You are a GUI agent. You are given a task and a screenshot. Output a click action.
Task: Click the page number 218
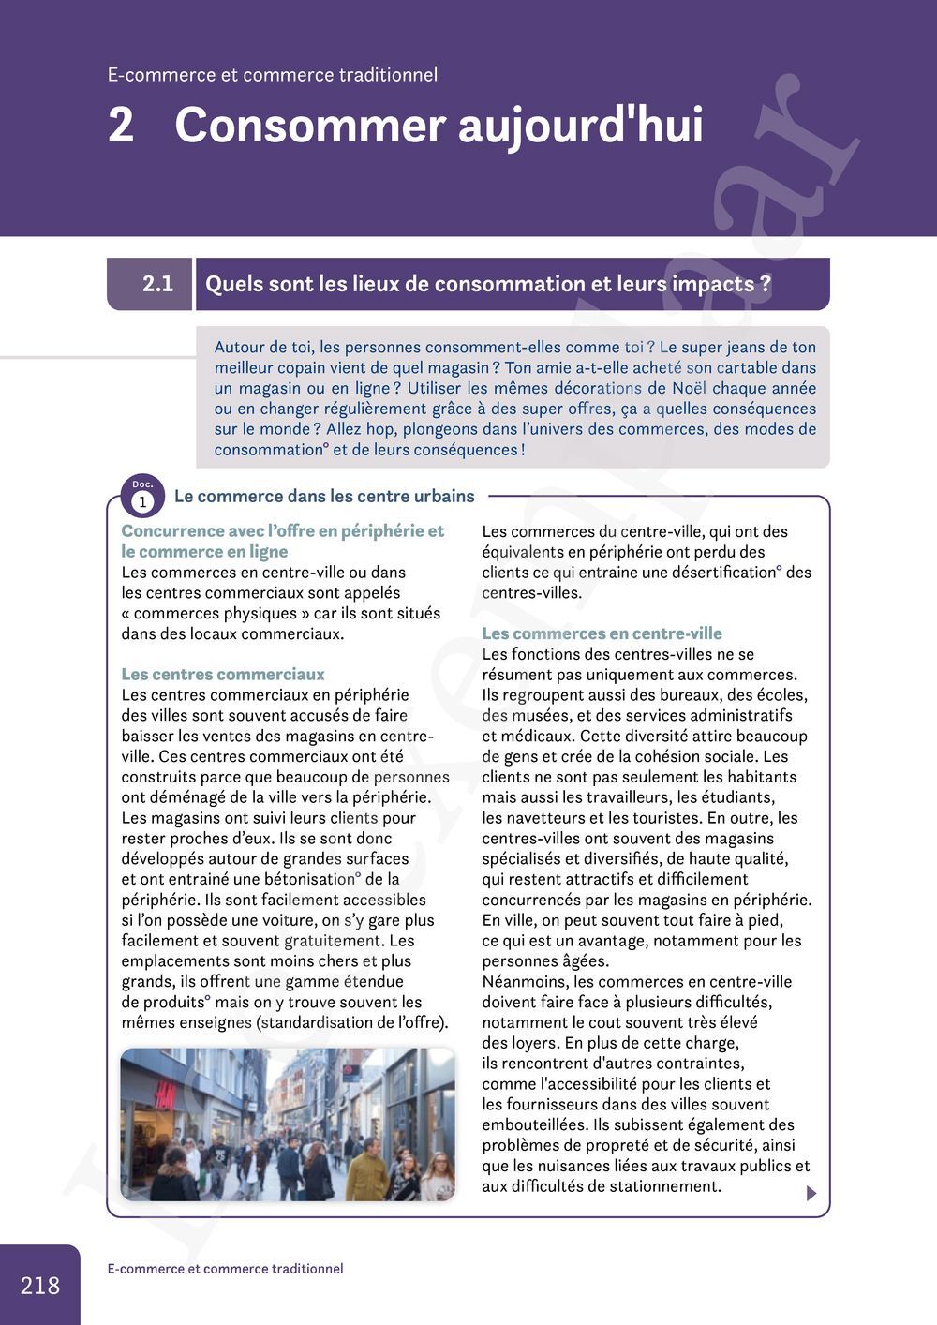[40, 1285]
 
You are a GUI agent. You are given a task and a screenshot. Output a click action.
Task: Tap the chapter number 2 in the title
[121, 125]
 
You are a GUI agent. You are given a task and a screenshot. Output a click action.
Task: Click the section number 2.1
[157, 284]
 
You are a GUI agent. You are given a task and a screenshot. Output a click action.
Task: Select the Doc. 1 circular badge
[142, 497]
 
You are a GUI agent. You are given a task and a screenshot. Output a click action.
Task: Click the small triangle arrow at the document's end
[811, 1193]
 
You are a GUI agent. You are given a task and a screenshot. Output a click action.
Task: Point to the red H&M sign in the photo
[165, 1094]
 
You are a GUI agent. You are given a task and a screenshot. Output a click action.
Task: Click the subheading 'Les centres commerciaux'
[223, 674]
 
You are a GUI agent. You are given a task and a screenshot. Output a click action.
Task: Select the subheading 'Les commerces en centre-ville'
[602, 633]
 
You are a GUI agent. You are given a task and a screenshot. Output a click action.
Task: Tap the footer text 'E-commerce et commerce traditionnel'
[225, 1269]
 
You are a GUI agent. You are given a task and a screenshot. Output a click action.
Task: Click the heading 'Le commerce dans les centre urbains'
[324, 496]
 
